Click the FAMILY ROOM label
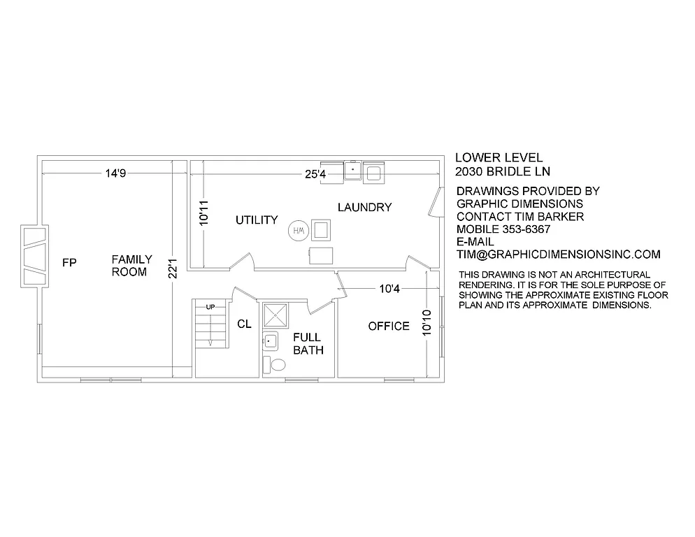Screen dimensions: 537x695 [x=131, y=266]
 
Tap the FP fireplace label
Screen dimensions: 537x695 [x=69, y=263]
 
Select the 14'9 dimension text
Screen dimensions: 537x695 [x=115, y=173]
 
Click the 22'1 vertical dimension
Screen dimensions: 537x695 [x=173, y=266]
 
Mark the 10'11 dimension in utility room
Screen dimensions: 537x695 [x=203, y=213]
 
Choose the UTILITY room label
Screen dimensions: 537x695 [x=257, y=220]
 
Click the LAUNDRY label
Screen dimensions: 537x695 [x=364, y=208]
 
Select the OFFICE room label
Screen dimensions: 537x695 [x=389, y=327]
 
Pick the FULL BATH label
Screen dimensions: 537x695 [x=308, y=344]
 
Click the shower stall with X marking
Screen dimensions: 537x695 [x=275, y=315]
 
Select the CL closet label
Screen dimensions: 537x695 [x=244, y=324]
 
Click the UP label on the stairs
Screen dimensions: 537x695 [x=210, y=307]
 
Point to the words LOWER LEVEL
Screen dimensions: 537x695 [x=499, y=158]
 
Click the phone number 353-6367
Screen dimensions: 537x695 [x=531, y=229]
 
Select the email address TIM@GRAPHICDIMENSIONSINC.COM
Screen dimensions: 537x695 [x=558, y=255]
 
